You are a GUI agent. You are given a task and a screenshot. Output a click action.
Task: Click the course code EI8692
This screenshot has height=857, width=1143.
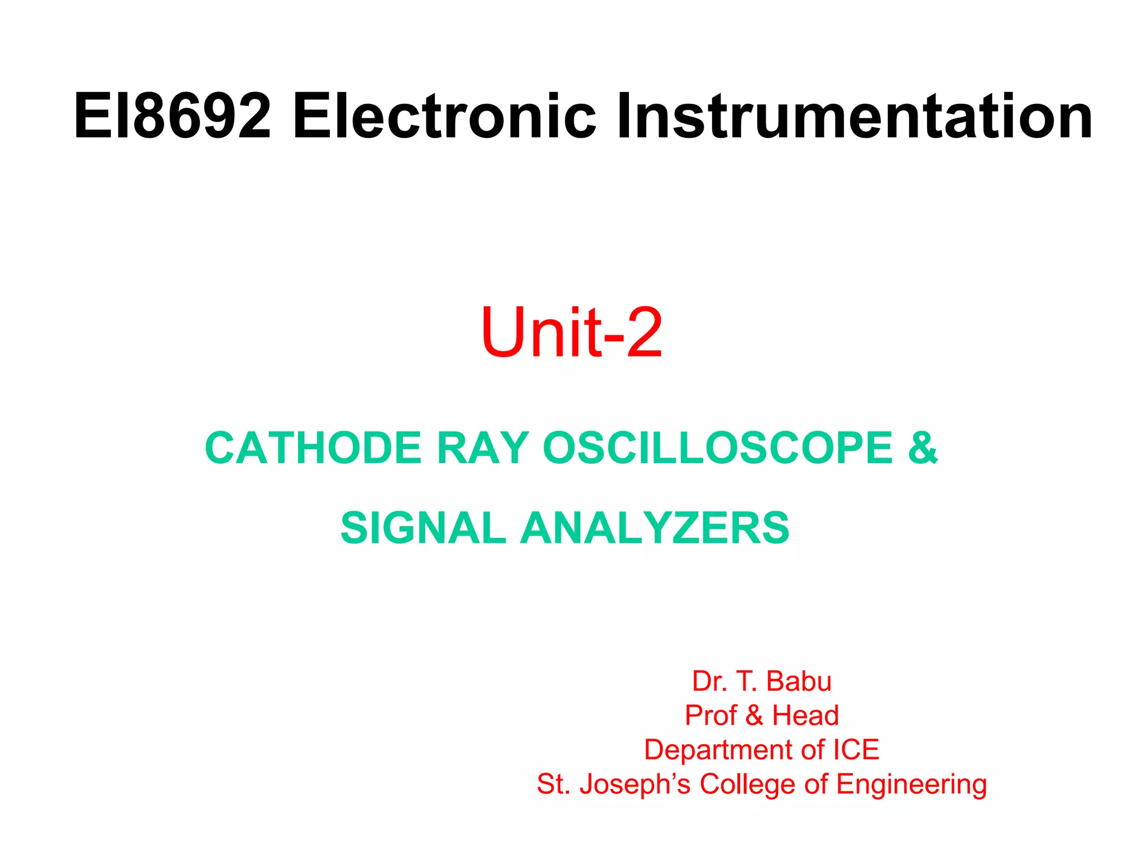coord(172,117)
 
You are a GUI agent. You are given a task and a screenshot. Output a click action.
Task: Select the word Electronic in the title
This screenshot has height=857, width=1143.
coord(444,117)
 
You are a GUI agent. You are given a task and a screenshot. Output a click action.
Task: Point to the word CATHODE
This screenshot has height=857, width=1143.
coord(313,448)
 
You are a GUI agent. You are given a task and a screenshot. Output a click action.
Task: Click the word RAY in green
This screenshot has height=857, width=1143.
coord(483,448)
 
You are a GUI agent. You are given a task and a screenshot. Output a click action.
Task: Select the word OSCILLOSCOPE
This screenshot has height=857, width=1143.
coord(718,448)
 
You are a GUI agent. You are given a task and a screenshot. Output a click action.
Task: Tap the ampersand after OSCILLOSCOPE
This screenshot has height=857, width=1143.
coord(923,448)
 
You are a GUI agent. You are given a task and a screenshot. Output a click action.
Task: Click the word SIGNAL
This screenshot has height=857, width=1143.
coord(423,528)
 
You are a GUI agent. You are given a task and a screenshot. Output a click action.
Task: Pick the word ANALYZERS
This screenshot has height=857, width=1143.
coord(655,528)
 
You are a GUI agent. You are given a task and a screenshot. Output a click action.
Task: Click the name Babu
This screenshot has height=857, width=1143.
coord(799,681)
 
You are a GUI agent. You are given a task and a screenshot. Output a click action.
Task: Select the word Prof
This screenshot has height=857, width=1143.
coord(710,715)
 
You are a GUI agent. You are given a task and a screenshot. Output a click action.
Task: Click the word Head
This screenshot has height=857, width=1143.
coord(805,715)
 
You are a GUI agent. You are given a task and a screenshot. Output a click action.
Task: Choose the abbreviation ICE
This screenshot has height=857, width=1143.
coord(856,750)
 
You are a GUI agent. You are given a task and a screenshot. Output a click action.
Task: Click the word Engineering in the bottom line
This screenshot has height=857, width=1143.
coord(911,784)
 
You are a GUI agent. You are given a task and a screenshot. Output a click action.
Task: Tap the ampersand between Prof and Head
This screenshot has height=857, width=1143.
coord(755,715)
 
